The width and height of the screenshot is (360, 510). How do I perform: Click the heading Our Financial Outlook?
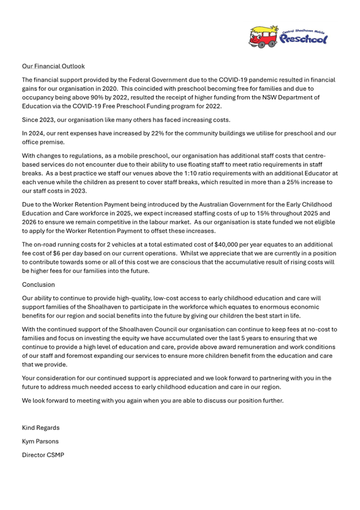click(x=53, y=66)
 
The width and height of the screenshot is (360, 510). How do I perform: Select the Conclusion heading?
click(x=38, y=284)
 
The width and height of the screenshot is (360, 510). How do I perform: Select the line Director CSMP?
click(x=43, y=455)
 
